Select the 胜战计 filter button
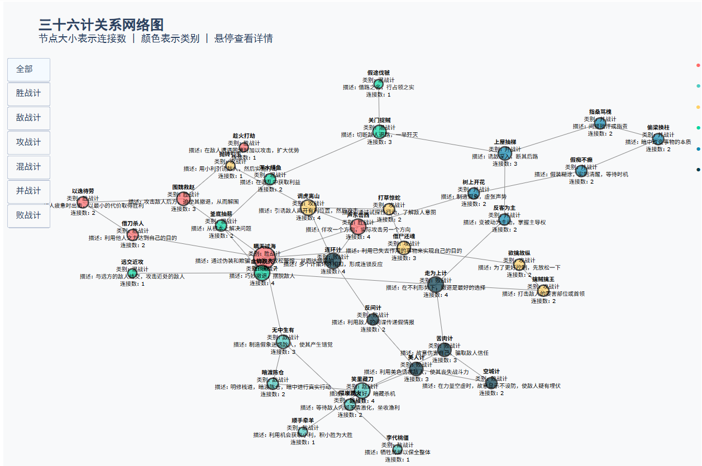pyautogui.click(x=28, y=94)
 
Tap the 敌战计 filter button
pyautogui.click(x=28, y=118)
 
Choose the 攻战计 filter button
pyautogui.click(x=28, y=142)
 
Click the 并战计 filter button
pyautogui.click(x=28, y=191)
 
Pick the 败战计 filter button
pyautogui.click(x=28, y=215)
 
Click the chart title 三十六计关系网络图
pyautogui.click(x=101, y=25)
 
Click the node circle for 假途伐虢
pyautogui.click(x=379, y=84)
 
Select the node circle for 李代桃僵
pyautogui.click(x=398, y=449)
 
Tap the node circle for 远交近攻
pyautogui.click(x=132, y=272)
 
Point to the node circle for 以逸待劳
pyautogui.click(x=83, y=201)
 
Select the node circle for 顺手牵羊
pyautogui.click(x=303, y=431)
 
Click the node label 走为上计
pyautogui.click(x=436, y=273)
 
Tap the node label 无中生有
pyautogui.click(x=283, y=330)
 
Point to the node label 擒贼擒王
pyautogui.click(x=543, y=278)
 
